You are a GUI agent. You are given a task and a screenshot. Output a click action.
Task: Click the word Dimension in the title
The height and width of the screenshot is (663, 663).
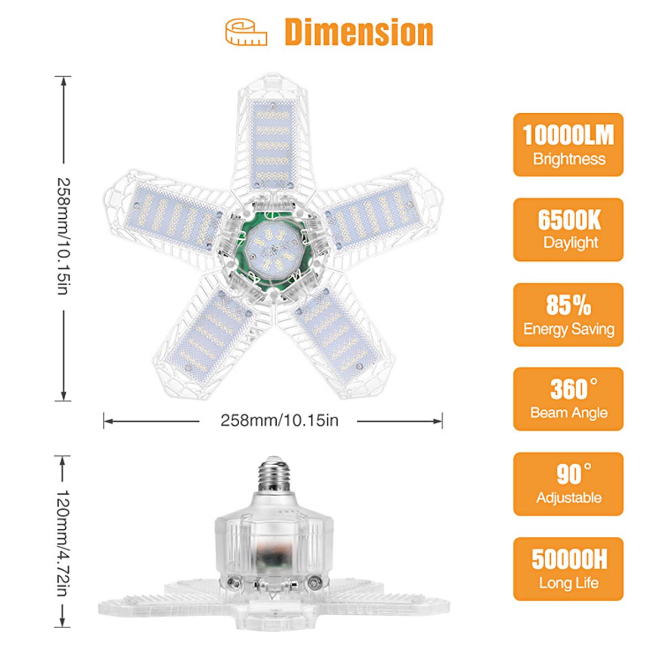tap(359, 33)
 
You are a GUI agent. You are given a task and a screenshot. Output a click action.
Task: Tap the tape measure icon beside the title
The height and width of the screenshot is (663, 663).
tap(246, 33)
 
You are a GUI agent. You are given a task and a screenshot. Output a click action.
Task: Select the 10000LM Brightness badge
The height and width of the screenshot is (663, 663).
tap(568, 145)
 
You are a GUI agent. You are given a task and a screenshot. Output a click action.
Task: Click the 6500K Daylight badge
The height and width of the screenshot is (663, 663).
tap(568, 229)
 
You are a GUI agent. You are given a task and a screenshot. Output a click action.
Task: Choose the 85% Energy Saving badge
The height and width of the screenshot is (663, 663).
tap(568, 315)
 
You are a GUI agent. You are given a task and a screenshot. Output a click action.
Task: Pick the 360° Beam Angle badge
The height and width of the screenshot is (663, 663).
tap(568, 399)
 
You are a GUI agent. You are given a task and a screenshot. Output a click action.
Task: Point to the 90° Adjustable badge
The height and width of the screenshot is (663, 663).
tap(568, 484)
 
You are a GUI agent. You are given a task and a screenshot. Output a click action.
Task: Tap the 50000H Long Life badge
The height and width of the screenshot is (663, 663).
tap(568, 569)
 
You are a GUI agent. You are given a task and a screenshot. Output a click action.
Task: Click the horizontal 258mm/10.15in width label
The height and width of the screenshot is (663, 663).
tap(279, 420)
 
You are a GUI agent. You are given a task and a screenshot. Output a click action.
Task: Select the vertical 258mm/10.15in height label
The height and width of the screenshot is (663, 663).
tap(64, 236)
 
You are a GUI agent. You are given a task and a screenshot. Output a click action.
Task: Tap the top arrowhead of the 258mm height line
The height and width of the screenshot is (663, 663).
tap(64, 81)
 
